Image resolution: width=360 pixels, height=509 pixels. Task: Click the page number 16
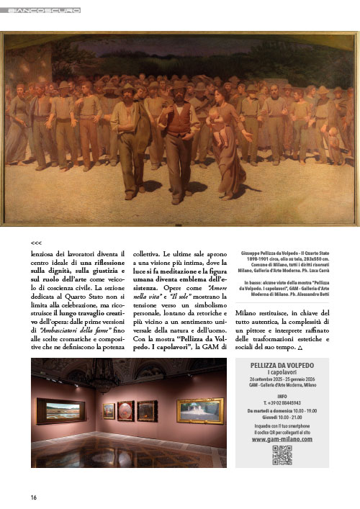click(x=34, y=497)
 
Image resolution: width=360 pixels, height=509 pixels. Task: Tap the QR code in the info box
click(x=282, y=454)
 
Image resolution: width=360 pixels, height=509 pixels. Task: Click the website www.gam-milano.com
click(x=282, y=438)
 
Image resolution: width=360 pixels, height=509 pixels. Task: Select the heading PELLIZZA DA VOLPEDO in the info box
click(x=282, y=366)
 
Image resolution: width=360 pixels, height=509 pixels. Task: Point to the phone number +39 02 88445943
click(x=282, y=402)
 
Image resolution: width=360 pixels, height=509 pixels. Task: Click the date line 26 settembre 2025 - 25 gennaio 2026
click(x=282, y=379)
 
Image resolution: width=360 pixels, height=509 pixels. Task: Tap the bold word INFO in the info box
click(x=282, y=396)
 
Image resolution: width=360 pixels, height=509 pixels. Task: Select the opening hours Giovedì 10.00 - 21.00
click(x=282, y=418)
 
